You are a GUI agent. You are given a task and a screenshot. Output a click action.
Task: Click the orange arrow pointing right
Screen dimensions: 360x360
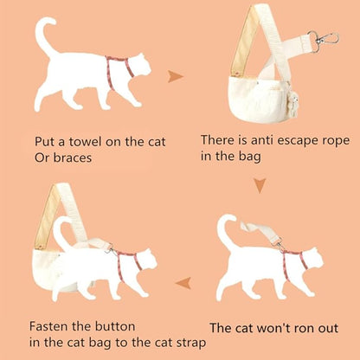[x=176, y=77]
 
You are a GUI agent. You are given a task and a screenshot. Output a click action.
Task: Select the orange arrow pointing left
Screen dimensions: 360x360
[x=183, y=281]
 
